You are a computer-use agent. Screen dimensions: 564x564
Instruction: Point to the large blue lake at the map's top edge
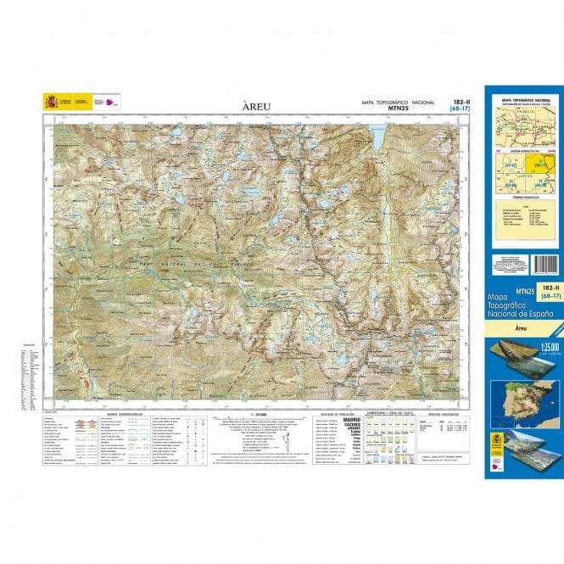pyautogui.click(x=377, y=132)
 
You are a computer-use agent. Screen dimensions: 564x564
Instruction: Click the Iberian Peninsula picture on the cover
pyautogui.click(x=521, y=399)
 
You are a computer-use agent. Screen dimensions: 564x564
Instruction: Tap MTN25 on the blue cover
pyautogui.click(x=500, y=293)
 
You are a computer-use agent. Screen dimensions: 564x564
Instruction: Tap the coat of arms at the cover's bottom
pyautogui.click(x=499, y=444)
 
